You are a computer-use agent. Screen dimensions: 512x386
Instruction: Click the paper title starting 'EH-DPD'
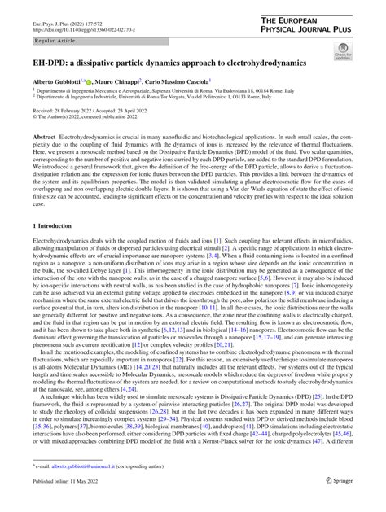tap(147, 62)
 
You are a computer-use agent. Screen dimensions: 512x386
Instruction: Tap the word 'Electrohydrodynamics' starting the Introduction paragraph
tap(59, 243)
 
